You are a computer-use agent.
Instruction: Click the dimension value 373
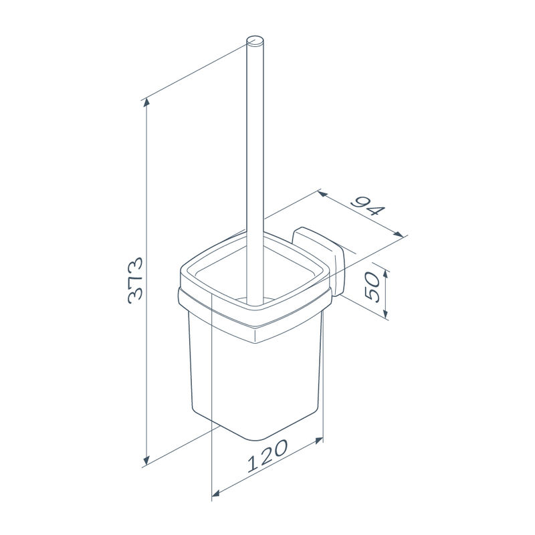tap(135, 280)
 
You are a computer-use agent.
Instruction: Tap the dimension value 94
tap(368, 207)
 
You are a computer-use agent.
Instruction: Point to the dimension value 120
tap(267, 455)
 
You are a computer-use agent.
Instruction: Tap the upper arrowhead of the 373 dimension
tap(146, 102)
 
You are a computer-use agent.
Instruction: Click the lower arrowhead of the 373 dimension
tap(146, 461)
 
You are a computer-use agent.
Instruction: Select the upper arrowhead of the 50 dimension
tap(386, 274)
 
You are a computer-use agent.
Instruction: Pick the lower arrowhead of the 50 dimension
tap(386, 313)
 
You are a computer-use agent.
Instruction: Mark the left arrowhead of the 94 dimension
tap(322, 194)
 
